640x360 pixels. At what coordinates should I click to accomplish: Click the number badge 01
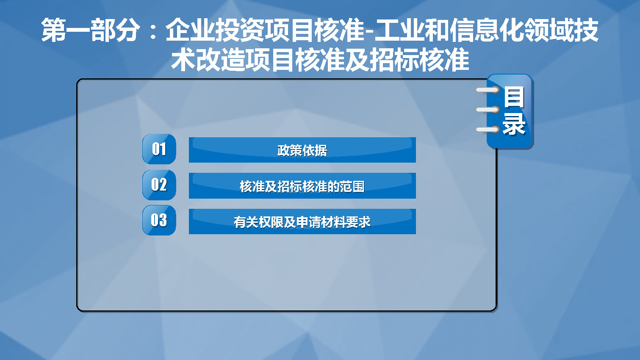[159, 149]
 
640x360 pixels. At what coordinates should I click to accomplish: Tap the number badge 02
[159, 185]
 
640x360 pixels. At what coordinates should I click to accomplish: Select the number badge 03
[159, 220]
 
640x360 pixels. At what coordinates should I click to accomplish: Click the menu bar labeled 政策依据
[302, 150]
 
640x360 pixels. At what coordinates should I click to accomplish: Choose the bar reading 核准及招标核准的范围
[302, 186]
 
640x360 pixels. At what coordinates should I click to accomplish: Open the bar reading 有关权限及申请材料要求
[302, 222]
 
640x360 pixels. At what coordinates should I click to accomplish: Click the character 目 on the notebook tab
[514, 97]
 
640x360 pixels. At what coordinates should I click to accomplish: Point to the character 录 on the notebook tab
[514, 124]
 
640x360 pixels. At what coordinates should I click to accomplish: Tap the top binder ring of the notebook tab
[488, 90]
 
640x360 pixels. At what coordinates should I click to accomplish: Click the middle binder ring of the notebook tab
[488, 110]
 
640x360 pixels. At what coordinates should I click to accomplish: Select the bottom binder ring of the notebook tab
[488, 130]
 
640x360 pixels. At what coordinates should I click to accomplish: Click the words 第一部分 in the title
[91, 30]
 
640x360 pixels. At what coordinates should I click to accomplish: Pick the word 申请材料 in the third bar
[321, 222]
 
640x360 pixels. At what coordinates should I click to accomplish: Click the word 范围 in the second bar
[352, 186]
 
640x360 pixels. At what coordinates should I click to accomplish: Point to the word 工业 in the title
[399, 30]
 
